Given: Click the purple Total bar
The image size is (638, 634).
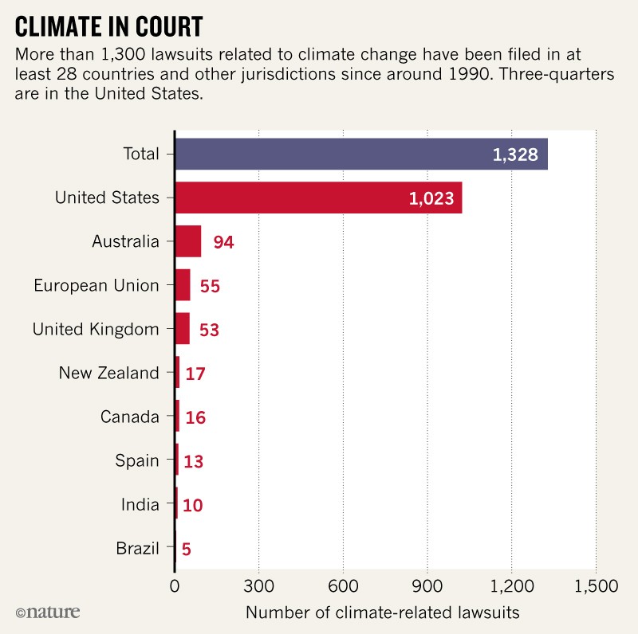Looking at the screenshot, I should (x=360, y=154).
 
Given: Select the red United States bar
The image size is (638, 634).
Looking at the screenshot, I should (x=318, y=198).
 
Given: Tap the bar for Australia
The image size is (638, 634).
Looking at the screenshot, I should (x=188, y=241).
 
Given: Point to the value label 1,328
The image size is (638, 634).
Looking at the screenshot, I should (x=516, y=155).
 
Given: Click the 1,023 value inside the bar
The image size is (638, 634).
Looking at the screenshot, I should (x=431, y=198).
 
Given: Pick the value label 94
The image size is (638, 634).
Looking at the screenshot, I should (x=223, y=242).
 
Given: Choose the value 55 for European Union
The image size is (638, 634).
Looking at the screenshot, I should (x=210, y=286).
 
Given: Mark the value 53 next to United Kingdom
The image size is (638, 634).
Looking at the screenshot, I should (x=209, y=330).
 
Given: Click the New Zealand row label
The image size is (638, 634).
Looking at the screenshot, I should (x=108, y=373).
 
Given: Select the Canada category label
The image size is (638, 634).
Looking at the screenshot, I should (x=130, y=417).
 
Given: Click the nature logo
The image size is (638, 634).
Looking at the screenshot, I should (x=48, y=612).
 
